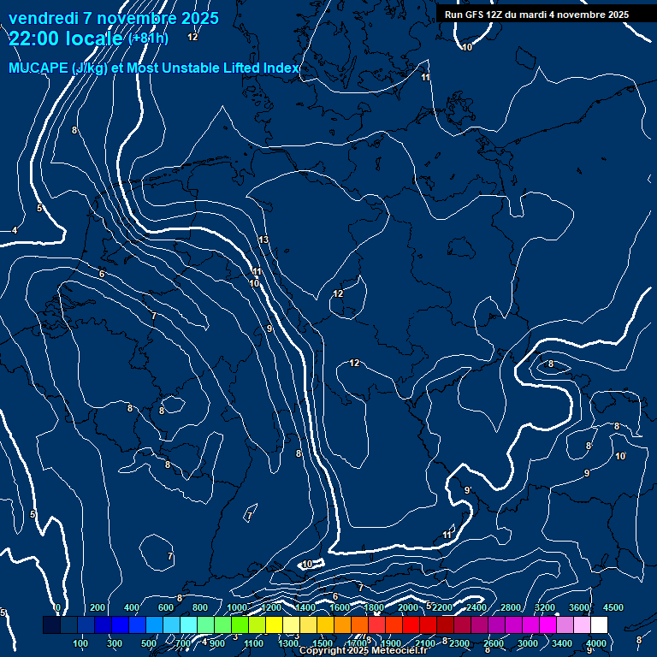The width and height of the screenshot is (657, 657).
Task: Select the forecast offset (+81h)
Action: pos(148,38)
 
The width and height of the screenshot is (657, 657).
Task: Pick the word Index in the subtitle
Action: pos(281,68)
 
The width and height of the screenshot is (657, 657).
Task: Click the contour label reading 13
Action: pos(263,240)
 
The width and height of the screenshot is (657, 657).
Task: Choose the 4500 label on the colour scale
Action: pos(613,607)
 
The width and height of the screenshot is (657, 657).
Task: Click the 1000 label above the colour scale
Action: pos(237,607)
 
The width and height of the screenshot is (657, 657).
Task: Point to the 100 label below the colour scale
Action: pos(80,643)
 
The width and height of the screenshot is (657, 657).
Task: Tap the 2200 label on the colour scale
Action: pos(441,607)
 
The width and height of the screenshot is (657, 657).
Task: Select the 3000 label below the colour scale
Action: pos(528,643)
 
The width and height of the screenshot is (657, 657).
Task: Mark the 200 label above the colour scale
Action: pos(98,607)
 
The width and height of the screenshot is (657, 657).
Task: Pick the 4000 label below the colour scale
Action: pos(596,643)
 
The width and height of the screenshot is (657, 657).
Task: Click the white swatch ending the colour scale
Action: pos(599,625)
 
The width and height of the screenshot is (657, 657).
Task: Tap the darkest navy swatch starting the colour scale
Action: pos(51,625)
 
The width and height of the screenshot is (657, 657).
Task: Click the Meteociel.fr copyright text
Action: pos(364,651)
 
